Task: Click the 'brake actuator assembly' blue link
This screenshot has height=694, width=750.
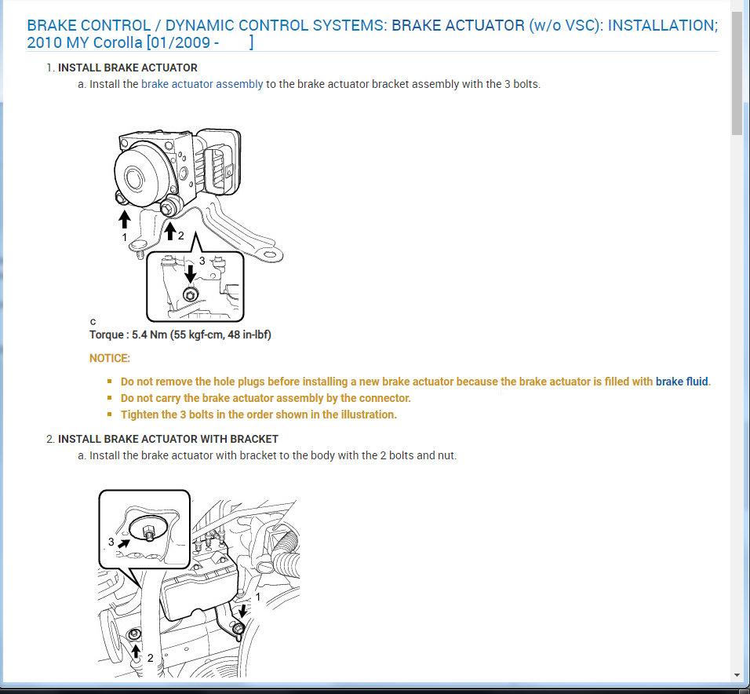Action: tap(202, 84)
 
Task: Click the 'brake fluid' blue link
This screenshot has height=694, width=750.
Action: tap(682, 382)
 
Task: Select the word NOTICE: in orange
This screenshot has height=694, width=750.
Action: tap(110, 358)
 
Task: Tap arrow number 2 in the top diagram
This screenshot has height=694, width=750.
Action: tap(169, 229)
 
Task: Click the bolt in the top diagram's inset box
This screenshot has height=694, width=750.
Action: tap(189, 295)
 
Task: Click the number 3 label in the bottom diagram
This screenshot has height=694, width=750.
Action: tap(111, 542)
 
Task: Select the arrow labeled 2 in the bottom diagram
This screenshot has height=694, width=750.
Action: tap(136, 650)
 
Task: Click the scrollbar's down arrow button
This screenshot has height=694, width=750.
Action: tap(737, 674)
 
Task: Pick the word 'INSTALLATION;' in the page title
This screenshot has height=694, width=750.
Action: tap(662, 25)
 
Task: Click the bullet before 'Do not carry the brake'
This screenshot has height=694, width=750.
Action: tap(110, 398)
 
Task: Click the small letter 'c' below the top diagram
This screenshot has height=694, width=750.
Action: tap(93, 321)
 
